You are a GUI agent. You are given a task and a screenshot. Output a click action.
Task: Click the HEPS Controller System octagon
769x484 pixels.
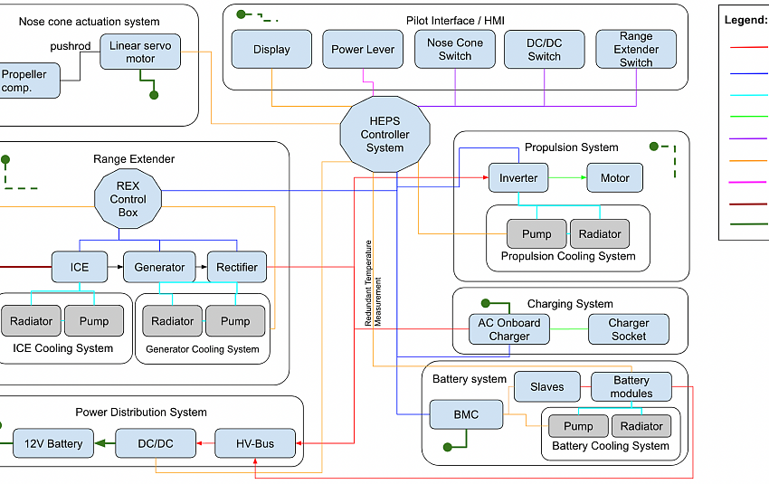[385, 135]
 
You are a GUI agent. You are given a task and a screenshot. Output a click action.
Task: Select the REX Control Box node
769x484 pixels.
[128, 199]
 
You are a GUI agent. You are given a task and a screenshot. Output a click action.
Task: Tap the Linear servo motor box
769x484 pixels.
[140, 52]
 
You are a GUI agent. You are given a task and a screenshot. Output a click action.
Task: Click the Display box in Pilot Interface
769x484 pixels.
[271, 50]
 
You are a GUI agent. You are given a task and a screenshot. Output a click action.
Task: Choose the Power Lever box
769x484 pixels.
[363, 50]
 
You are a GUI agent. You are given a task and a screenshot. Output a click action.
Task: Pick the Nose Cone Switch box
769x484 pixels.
[455, 49]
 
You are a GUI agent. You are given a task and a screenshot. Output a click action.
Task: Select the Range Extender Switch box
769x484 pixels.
[636, 49]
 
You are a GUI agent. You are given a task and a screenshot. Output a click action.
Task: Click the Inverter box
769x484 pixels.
[518, 178]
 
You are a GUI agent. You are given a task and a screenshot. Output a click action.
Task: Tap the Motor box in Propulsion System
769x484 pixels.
[615, 178]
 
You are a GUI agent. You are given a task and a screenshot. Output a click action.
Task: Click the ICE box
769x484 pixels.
[80, 267]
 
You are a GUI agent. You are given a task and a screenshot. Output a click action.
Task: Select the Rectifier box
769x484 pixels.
[237, 267]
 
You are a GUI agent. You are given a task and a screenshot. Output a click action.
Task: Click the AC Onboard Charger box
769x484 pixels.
[509, 329]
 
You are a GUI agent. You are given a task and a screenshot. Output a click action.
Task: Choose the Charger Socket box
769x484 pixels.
[628, 329]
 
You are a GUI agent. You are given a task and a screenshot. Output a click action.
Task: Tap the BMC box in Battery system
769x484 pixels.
[466, 415]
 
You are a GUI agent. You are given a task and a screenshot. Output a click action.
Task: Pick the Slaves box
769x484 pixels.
[547, 387]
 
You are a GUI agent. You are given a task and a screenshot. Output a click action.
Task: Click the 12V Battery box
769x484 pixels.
[52, 443]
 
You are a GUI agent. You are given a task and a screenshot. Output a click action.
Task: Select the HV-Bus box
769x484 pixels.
[256, 443]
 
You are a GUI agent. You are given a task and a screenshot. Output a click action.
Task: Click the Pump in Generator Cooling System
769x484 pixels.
[235, 321]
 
